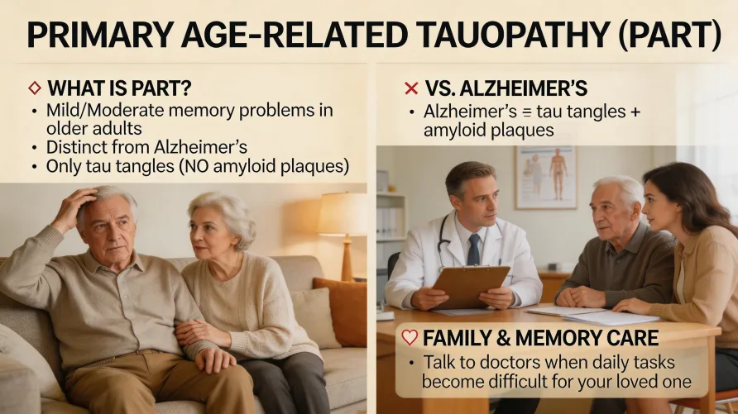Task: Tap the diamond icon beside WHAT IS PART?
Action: [x=34, y=87]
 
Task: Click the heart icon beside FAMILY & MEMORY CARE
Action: [x=408, y=337]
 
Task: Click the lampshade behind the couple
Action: [x=343, y=214]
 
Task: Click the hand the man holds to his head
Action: [x=72, y=206]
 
